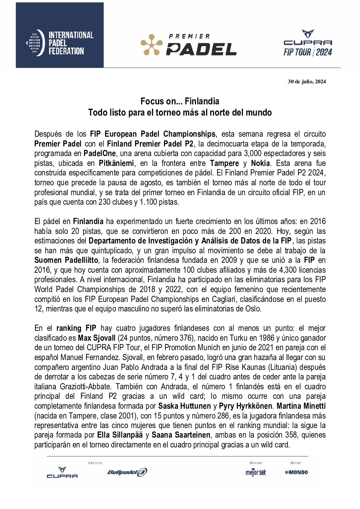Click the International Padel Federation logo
60,43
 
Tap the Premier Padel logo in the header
189,45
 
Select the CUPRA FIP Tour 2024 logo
308,43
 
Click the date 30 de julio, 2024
307,81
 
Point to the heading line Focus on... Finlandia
180,101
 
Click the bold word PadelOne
100,153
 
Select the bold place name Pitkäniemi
116,163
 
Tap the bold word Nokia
260,163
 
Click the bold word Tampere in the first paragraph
224,163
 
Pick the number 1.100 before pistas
149,202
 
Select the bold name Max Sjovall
97,338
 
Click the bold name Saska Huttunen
184,406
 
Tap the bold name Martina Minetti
301,406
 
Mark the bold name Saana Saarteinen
181,435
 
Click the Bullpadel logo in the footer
127,472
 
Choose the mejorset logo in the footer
256,472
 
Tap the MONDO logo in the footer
296,472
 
